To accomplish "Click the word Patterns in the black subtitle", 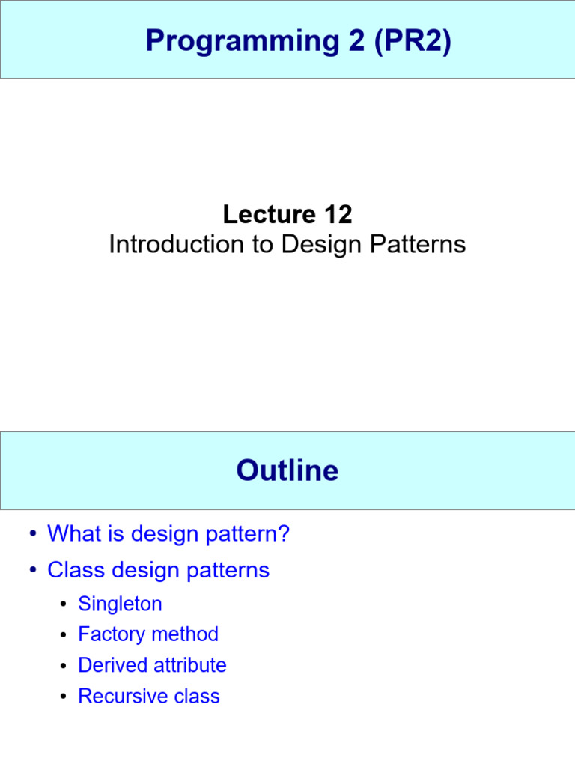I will coord(425,245).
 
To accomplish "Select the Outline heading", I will coord(287,470).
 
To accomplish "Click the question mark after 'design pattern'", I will coord(283,534).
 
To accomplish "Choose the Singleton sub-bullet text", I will coord(120,604).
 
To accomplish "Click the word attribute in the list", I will coord(189,665).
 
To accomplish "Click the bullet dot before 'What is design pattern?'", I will coord(32,535).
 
